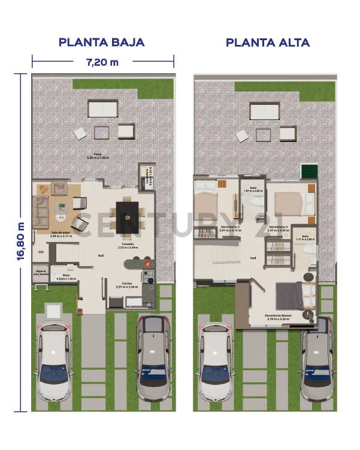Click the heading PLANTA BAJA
101,43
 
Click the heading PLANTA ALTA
267,43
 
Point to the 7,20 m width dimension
102,62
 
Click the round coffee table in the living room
62,208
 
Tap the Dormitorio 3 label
279,228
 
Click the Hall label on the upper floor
253,258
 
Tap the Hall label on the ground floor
101,256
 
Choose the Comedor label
127,246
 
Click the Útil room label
41,252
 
